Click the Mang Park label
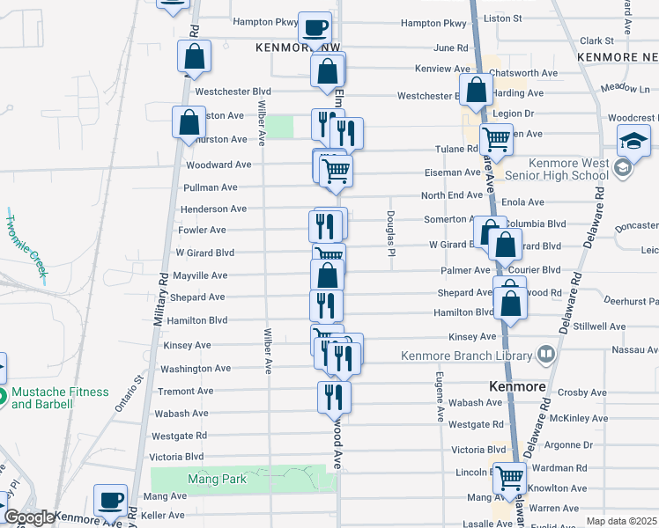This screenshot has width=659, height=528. click(218, 480)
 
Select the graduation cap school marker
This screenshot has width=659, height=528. click(633, 143)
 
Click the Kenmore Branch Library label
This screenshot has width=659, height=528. click(467, 356)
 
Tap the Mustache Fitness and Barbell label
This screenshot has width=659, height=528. click(60, 399)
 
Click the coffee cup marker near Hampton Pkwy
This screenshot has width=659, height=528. click(315, 28)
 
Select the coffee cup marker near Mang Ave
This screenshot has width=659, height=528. click(111, 501)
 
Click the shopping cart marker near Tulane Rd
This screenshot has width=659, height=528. click(497, 138)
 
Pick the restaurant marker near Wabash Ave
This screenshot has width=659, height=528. click(334, 397)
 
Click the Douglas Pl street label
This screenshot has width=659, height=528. click(389, 234)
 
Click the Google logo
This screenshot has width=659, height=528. click(29, 517)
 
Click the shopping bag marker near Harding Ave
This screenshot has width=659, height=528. click(477, 91)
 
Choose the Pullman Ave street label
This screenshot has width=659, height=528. click(210, 187)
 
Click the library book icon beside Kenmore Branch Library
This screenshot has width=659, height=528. click(546, 354)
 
